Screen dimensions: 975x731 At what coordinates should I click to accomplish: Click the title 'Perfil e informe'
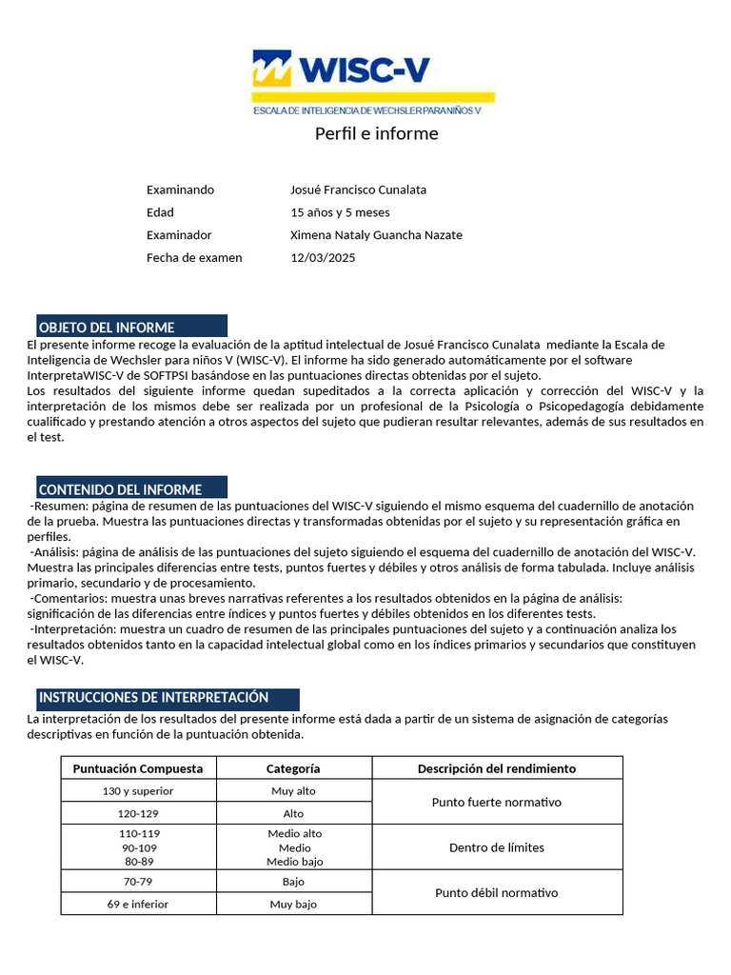pos(376,133)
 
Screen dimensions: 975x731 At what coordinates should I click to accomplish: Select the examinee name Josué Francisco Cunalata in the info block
pos(358,189)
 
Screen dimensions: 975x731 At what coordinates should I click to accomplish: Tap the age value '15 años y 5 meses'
pos(340,212)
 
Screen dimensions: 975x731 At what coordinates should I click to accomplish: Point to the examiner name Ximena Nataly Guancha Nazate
pos(376,235)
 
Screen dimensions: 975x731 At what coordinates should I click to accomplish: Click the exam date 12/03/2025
pos(323,258)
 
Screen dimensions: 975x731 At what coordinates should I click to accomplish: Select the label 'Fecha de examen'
pos(194,258)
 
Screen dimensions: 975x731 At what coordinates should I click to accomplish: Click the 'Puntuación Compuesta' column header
pos(138,768)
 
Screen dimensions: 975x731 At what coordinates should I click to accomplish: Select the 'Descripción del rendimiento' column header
pos(497,768)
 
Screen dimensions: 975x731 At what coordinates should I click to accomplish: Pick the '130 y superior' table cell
pos(138,791)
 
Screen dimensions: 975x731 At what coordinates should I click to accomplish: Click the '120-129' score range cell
pos(138,814)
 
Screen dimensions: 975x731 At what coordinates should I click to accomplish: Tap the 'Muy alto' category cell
pos(293,791)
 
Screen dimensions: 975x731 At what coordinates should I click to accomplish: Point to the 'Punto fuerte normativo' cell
pos(497,803)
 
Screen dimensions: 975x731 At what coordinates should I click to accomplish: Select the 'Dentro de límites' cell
pos(497,847)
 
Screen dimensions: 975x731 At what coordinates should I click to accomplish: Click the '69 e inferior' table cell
pos(138,905)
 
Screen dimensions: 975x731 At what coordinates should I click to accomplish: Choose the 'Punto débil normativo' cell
pos(497,893)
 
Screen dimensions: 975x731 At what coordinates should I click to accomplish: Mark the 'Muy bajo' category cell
pos(293,905)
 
